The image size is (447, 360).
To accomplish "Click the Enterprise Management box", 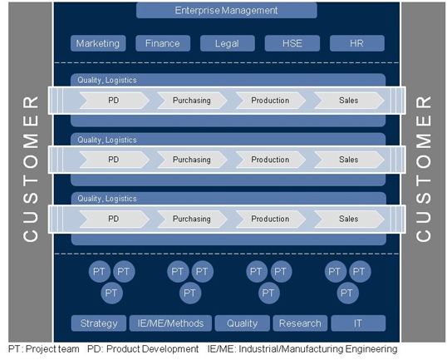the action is point(227,11).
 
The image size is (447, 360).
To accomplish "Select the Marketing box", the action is point(98,43).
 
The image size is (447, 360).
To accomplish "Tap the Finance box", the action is point(163,43).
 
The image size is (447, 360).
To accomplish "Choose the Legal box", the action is point(227,43).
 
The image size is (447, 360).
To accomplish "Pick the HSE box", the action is point(292,43).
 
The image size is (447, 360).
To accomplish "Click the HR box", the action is point(357,43).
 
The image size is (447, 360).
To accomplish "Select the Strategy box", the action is point(99,323).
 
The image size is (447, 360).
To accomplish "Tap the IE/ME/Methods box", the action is point(170,323).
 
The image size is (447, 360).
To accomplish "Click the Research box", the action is point(300,323).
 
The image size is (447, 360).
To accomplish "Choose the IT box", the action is point(358,323).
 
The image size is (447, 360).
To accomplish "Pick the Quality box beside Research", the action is point(242,323).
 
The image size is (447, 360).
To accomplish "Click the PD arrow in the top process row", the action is point(114,101).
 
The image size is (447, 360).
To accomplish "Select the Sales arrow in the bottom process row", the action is point(349,219).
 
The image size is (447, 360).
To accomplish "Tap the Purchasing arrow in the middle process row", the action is point(192,160).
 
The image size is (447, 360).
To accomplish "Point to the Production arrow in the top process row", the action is point(271,101).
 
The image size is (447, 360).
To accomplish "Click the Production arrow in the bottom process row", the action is point(271,219).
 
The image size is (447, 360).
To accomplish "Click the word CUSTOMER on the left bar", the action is point(30,169).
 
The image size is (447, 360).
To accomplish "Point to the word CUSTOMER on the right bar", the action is point(424,169).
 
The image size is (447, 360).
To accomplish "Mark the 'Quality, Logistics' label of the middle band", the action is point(107,140).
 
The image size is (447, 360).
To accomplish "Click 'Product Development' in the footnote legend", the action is point(152,349).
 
